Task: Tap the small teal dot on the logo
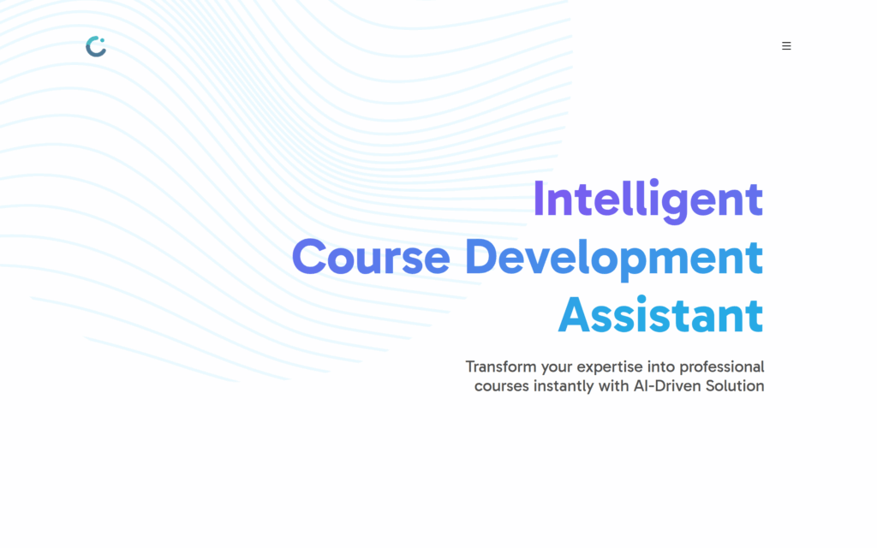coord(103,40)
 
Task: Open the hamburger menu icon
coord(786,46)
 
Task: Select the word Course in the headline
coord(371,257)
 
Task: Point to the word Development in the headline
coord(614,259)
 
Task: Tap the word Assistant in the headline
coord(660,315)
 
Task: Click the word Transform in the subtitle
coord(500,366)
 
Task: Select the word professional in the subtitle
coord(721,367)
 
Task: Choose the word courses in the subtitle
coord(501,387)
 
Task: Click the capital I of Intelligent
coord(539,200)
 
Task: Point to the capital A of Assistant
coord(575,316)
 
